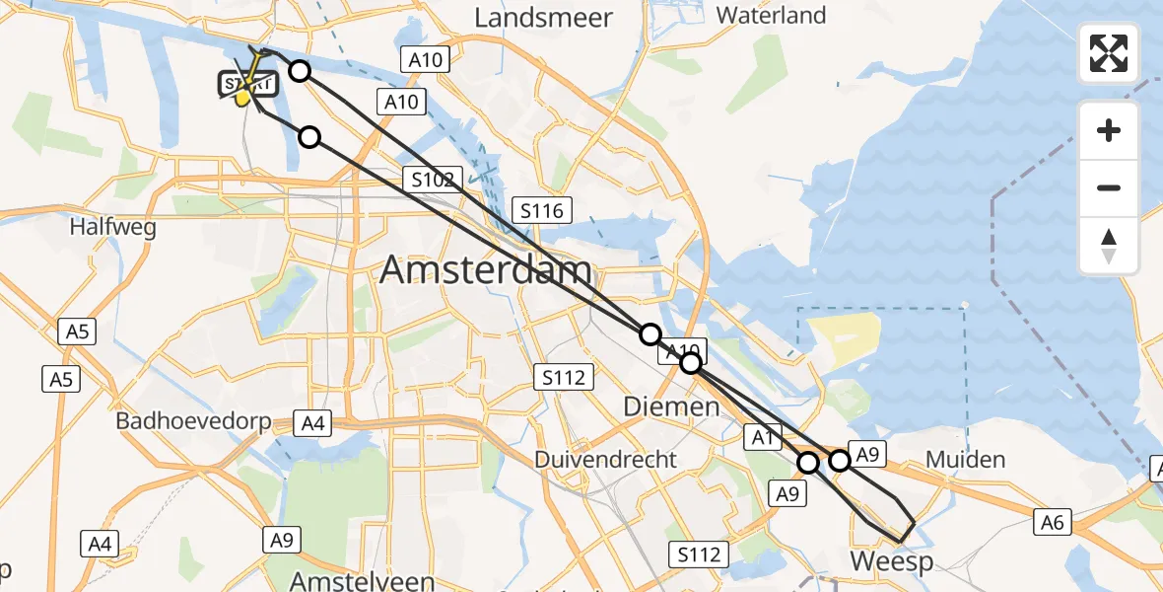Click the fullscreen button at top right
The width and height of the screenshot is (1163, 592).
point(1109,52)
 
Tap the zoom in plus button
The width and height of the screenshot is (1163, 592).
point(1109,130)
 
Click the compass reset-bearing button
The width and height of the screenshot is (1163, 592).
point(1109,246)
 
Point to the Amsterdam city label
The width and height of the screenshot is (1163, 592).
point(486,269)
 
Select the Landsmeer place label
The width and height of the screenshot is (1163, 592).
point(543,18)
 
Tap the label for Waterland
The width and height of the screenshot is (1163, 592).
point(771,15)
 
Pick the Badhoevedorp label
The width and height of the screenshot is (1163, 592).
point(194,420)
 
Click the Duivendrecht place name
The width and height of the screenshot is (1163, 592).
point(605,460)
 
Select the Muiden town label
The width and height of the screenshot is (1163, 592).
point(966,460)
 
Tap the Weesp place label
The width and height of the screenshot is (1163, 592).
point(891,561)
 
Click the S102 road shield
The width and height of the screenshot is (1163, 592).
point(433,179)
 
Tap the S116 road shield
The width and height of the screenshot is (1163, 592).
point(541,209)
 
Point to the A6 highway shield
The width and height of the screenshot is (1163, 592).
point(1053,522)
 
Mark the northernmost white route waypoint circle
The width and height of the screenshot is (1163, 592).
point(300,70)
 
